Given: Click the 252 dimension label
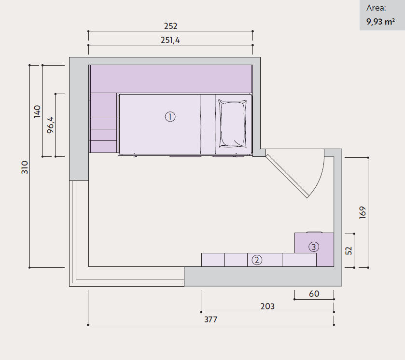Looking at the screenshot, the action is tap(171, 26).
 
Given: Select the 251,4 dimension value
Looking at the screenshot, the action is tap(170, 40).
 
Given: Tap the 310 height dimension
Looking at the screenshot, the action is tap(25, 167).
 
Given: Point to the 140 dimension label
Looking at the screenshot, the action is tap(38, 111).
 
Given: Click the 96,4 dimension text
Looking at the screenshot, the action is tap(50, 125).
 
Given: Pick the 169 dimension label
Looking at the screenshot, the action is tap(363, 213).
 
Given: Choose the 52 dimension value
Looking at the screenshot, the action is tap(349, 251).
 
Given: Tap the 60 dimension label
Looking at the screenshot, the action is tap(314, 294).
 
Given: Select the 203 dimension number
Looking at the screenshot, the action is tap(267, 306).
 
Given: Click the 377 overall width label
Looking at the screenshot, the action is tap(211, 320).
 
